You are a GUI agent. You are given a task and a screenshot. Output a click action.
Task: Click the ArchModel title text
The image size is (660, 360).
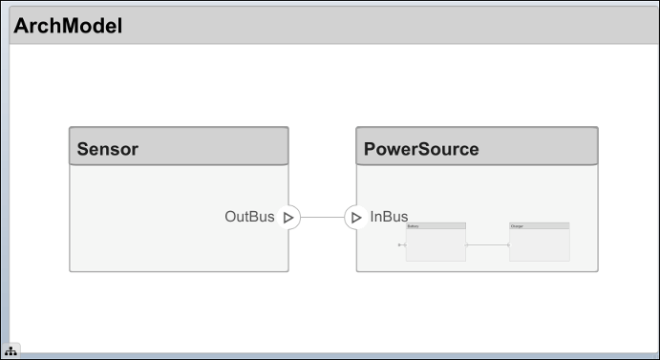tap(68, 26)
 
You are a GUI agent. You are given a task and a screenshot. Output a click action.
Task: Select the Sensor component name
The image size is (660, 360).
tap(108, 149)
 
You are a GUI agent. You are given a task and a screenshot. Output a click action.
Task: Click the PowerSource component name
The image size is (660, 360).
tap(421, 149)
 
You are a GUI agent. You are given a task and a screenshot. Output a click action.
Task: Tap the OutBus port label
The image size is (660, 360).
tap(249, 217)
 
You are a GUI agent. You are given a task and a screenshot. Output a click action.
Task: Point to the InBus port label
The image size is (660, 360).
tap(389, 217)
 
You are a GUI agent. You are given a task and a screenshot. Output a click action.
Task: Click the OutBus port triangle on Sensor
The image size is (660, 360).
tap(288, 218)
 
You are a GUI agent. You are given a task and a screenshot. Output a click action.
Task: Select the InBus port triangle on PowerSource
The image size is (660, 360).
tap(355, 218)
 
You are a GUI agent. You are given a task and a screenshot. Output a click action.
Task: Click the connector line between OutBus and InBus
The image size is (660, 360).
tap(322, 218)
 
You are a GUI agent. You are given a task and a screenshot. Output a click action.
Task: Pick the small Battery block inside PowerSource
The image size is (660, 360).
tap(436, 245)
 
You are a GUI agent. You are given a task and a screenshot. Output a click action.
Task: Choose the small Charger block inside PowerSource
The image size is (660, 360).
tap(539, 245)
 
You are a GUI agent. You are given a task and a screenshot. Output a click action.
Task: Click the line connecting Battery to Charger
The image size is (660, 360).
tap(487, 245)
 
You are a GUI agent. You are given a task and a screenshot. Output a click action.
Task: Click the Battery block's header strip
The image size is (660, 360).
tap(436, 226)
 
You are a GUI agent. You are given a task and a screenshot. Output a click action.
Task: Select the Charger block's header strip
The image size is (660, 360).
tap(539, 226)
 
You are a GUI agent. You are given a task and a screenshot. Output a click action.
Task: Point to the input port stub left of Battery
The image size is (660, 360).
tap(401, 245)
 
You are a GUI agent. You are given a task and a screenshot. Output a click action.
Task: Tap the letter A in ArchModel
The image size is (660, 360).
tap(21, 26)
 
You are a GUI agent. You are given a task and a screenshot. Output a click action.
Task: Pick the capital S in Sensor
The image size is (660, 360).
tap(83, 149)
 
